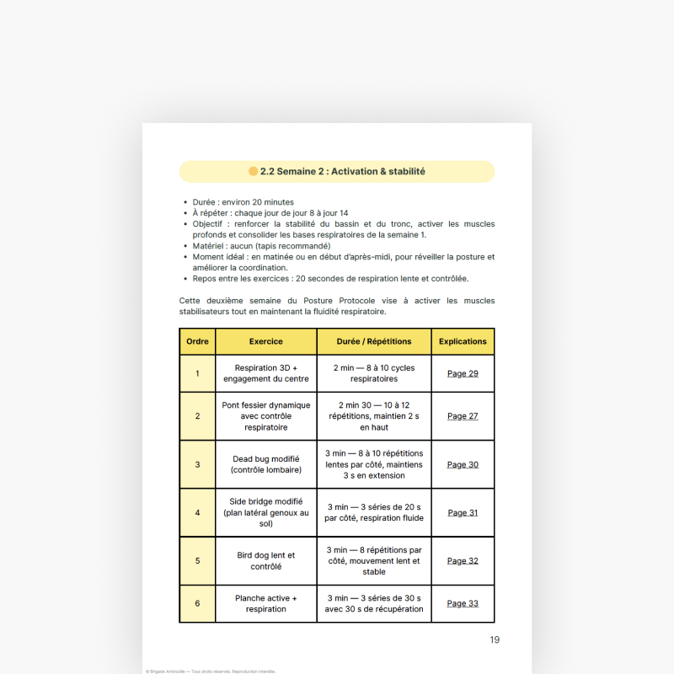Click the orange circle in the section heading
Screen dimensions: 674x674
(254, 172)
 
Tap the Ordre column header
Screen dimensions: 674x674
(198, 341)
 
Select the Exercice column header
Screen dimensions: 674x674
(266, 341)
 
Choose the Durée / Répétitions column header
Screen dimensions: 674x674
(374, 341)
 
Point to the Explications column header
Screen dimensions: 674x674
(463, 341)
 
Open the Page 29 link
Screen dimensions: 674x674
(463, 373)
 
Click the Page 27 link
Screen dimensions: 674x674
(463, 416)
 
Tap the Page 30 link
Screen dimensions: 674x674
(463, 464)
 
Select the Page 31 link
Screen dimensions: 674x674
(463, 512)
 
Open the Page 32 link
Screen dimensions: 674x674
(463, 560)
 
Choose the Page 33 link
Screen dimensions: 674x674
(463, 603)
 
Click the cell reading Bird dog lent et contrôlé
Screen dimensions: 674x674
(266, 560)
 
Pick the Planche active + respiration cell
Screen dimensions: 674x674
(266, 603)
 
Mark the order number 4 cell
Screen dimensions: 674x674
(198, 512)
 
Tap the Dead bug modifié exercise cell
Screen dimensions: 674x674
(266, 464)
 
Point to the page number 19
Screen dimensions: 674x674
(495, 639)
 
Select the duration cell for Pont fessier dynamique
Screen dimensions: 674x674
(374, 416)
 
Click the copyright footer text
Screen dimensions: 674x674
(211, 671)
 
